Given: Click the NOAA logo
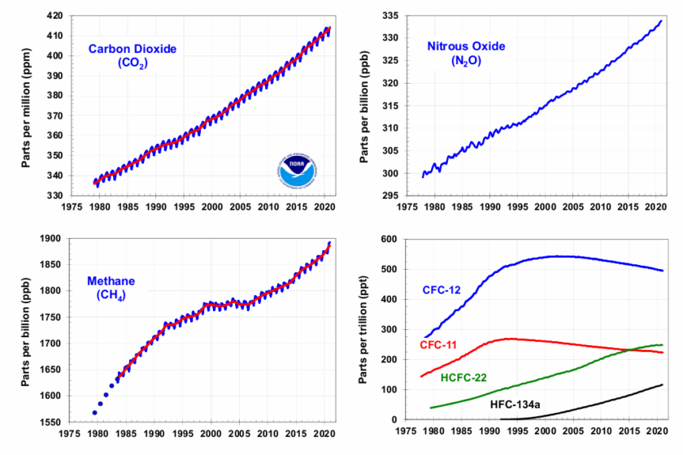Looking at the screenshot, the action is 297,171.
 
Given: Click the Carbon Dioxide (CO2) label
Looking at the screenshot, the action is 133,56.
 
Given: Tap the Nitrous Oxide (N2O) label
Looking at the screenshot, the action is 466,53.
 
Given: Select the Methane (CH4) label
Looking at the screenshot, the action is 111,288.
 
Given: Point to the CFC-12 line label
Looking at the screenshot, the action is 442,290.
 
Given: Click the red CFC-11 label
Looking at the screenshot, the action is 438,345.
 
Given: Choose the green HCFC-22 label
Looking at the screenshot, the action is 463,378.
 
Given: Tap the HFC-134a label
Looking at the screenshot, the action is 515,405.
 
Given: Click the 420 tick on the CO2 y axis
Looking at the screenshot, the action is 54,15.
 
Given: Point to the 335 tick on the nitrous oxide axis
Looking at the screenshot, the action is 389,15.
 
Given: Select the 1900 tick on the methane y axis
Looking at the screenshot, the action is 50,239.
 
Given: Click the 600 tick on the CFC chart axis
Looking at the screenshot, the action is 389,239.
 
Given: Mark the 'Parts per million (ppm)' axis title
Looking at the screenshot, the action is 26,107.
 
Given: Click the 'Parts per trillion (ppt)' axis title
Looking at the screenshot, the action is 363,330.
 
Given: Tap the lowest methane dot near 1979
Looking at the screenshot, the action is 94,412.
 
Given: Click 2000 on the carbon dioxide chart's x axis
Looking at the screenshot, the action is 211,207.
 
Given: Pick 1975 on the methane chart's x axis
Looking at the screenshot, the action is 69,434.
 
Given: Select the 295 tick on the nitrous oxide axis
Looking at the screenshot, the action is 389,196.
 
